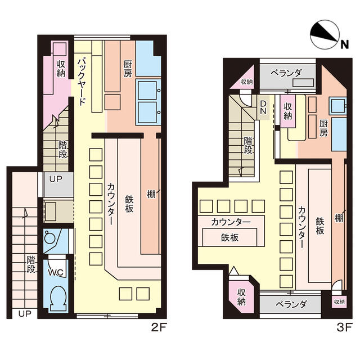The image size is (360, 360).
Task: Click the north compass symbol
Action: tap(325, 35)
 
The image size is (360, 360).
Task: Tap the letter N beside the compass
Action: tap(344, 44)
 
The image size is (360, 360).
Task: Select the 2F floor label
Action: tap(159, 327)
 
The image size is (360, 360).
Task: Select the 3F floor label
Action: tap(344, 327)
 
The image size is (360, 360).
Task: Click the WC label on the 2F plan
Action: tap(56, 272)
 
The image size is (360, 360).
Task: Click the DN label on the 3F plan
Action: tap(263, 107)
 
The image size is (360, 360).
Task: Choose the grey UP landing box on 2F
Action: tap(58, 184)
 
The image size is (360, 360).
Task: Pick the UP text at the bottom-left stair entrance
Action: tap(25, 314)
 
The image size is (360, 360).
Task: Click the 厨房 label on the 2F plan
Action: tap(128, 69)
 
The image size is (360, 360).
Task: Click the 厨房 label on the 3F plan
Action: tap(323, 128)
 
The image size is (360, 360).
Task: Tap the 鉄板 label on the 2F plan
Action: tap(129, 204)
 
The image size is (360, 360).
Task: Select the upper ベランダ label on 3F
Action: tap(286, 73)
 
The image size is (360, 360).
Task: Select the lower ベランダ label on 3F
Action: tap(291, 305)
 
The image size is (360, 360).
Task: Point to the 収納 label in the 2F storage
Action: tap(61, 69)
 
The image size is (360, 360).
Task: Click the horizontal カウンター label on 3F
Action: tap(231, 222)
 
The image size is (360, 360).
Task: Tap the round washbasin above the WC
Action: tap(49, 238)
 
